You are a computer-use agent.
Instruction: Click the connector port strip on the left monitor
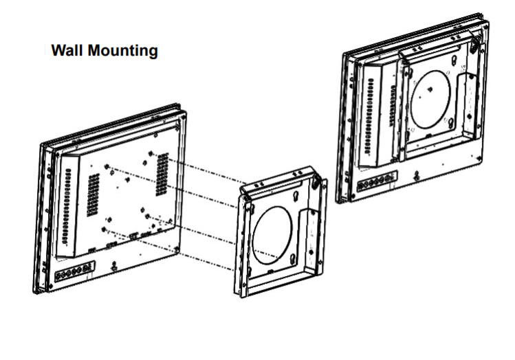[x=74, y=273]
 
